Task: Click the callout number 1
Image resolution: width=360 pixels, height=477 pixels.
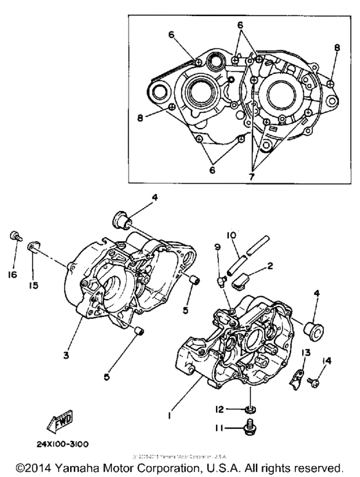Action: click(x=168, y=398)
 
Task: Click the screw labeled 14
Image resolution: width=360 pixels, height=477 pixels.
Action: click(x=312, y=382)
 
